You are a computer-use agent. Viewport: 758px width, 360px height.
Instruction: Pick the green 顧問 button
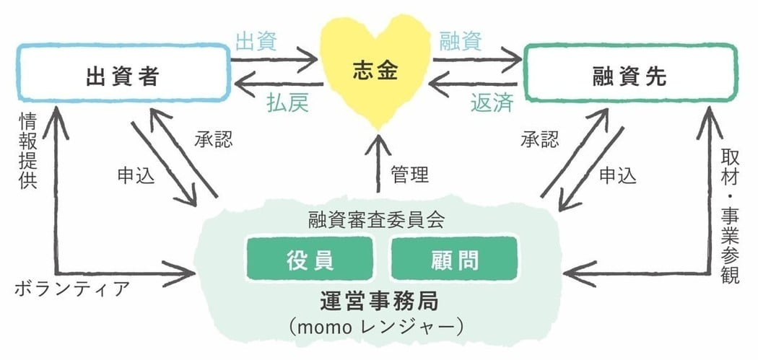tap(454, 258)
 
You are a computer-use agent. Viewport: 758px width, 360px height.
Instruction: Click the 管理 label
tap(410, 174)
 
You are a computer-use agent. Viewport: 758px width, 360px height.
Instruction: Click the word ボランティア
tap(72, 289)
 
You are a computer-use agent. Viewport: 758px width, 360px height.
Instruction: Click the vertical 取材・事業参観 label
tap(730, 216)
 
